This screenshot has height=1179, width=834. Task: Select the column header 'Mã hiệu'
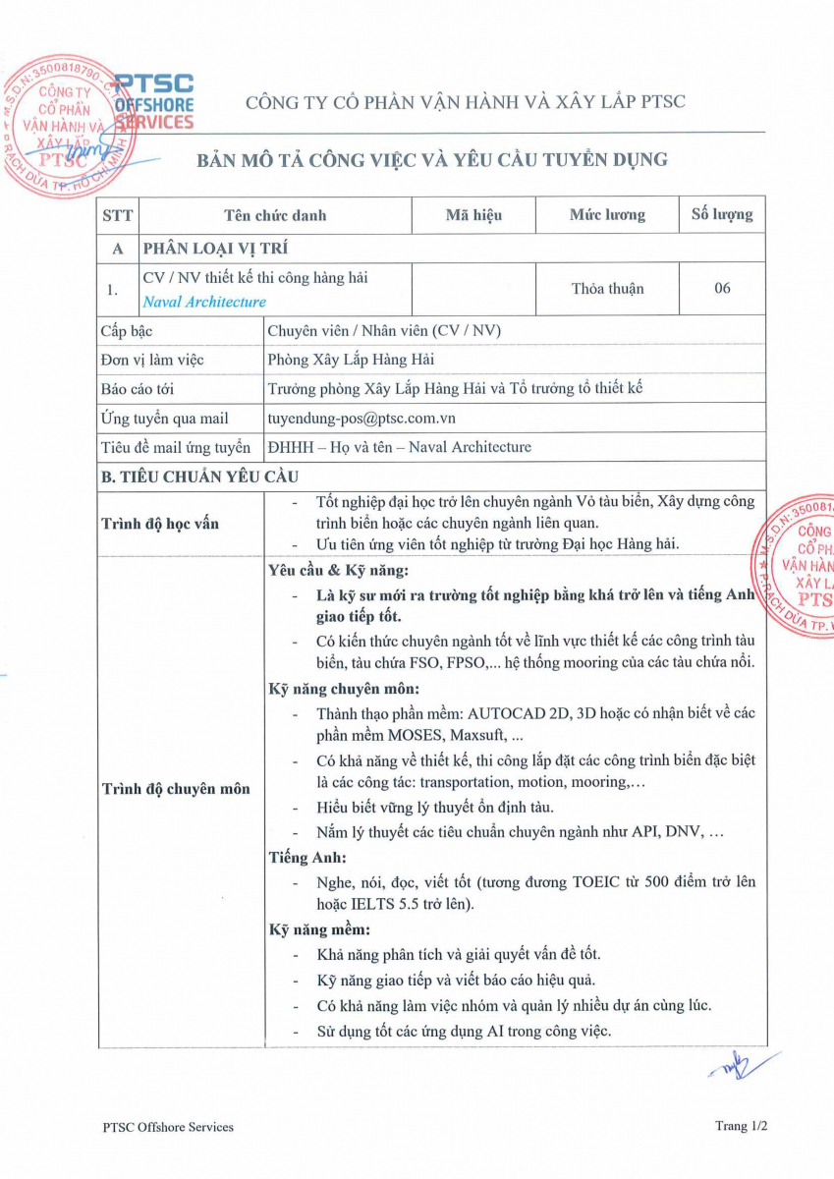pyautogui.click(x=473, y=215)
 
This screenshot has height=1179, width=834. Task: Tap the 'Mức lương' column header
pyautogui.click(x=607, y=215)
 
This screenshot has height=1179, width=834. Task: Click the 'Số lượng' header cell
pyautogui.click(x=722, y=215)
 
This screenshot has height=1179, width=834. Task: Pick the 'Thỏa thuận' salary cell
pyautogui.click(x=607, y=289)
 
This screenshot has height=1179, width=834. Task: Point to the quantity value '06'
pyautogui.click(x=722, y=289)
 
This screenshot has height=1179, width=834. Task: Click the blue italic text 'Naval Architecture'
pyautogui.click(x=204, y=303)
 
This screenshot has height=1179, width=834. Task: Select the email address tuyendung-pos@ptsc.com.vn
pyautogui.click(x=355, y=419)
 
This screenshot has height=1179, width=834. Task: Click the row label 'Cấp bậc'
pyautogui.click(x=127, y=331)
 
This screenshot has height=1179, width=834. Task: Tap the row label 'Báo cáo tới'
pyautogui.click(x=138, y=389)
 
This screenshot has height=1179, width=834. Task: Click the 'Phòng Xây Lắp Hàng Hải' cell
pyautogui.click(x=351, y=360)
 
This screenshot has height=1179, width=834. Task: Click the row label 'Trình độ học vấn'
pyautogui.click(x=160, y=524)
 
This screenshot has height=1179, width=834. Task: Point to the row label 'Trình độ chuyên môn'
pyautogui.click(x=176, y=789)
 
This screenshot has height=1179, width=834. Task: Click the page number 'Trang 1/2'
pyautogui.click(x=741, y=1126)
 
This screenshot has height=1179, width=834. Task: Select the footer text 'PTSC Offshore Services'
pyautogui.click(x=168, y=1127)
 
